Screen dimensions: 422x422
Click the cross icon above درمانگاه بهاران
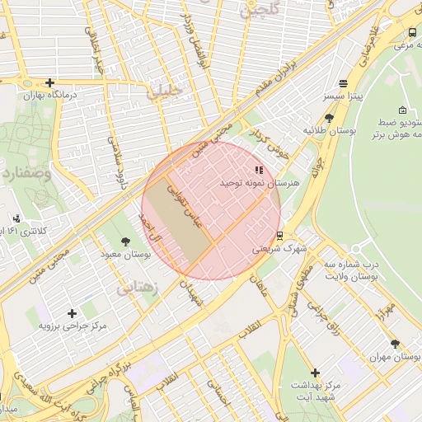(50, 82)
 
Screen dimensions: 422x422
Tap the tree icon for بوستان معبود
(125, 241)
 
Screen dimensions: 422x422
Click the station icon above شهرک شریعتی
(279, 235)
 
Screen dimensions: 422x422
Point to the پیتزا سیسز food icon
(343, 84)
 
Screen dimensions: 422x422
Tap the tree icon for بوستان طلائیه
(329, 118)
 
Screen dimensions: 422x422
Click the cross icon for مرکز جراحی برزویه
(73, 313)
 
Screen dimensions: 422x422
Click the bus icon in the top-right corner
(411, 32)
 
